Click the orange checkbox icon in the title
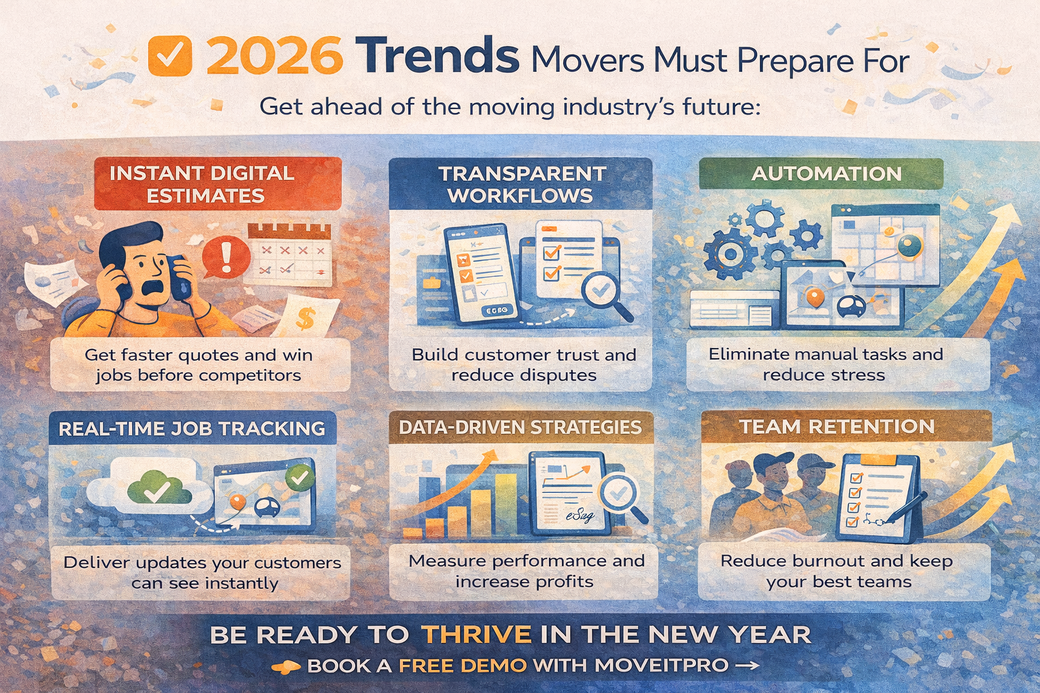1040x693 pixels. click(x=169, y=55)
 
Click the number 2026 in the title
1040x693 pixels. click(x=274, y=57)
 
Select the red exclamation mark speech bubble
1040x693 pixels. click(x=226, y=257)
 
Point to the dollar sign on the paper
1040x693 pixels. click(x=305, y=318)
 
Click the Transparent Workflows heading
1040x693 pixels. click(x=521, y=184)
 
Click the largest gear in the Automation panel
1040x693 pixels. click(x=730, y=254)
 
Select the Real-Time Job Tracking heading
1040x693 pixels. click(x=192, y=428)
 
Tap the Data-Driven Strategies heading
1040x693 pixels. click(x=520, y=428)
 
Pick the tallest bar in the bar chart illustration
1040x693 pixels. click(x=505, y=504)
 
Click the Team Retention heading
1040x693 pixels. click(x=837, y=427)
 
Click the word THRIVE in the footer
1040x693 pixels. click(x=475, y=635)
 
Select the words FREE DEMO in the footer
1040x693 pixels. click(x=462, y=666)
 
